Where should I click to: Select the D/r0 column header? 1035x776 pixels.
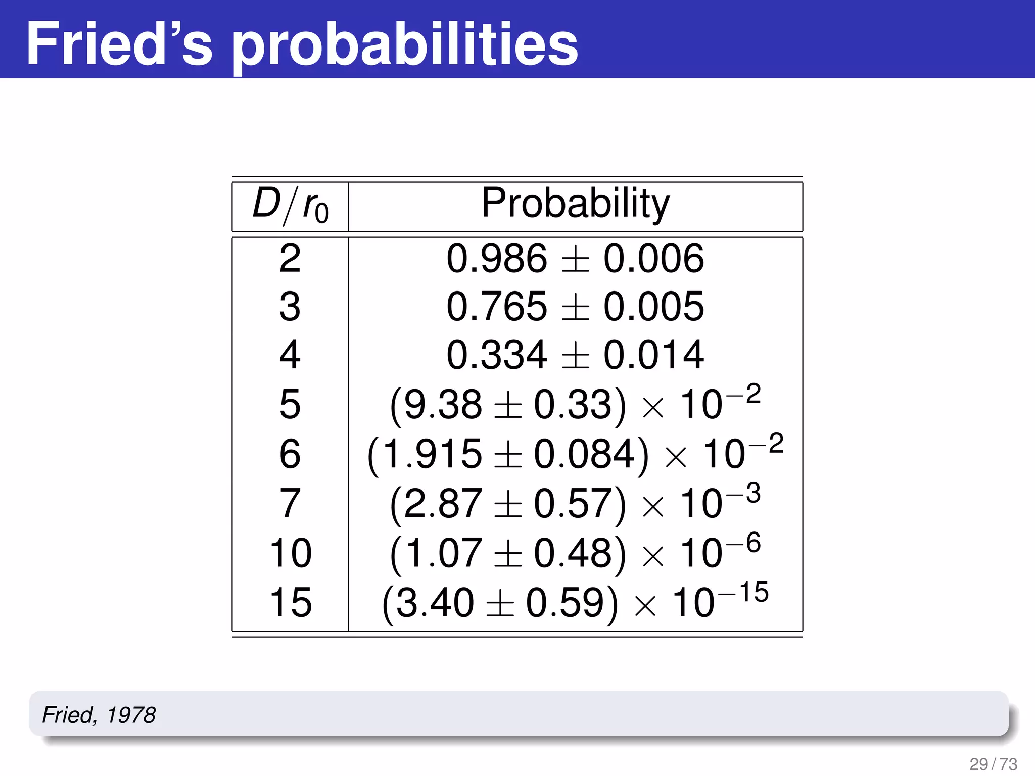pyautogui.click(x=291, y=206)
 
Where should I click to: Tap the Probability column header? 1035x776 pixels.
pyautogui.click(x=575, y=204)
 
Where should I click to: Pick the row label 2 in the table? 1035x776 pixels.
pyautogui.click(x=290, y=258)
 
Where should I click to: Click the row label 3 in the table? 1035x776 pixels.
pyautogui.click(x=290, y=307)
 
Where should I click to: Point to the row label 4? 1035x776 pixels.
pyautogui.click(x=290, y=355)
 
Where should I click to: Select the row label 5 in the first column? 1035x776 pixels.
pyautogui.click(x=290, y=404)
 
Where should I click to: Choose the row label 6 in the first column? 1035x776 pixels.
pyautogui.click(x=290, y=453)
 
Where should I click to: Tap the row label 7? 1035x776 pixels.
pyautogui.click(x=290, y=503)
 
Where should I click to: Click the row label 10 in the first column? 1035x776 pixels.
pyautogui.click(x=291, y=553)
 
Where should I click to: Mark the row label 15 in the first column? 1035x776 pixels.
pyautogui.click(x=291, y=602)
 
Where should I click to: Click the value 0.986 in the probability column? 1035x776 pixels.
pyautogui.click(x=496, y=258)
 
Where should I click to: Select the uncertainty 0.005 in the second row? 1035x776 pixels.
pyautogui.click(x=653, y=307)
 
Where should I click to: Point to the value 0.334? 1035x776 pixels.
pyautogui.click(x=496, y=355)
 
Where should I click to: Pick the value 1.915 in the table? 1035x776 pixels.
pyautogui.click(x=433, y=453)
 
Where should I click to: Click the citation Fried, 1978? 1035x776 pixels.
pyautogui.click(x=99, y=715)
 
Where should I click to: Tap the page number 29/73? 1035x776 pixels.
pyautogui.click(x=993, y=763)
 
